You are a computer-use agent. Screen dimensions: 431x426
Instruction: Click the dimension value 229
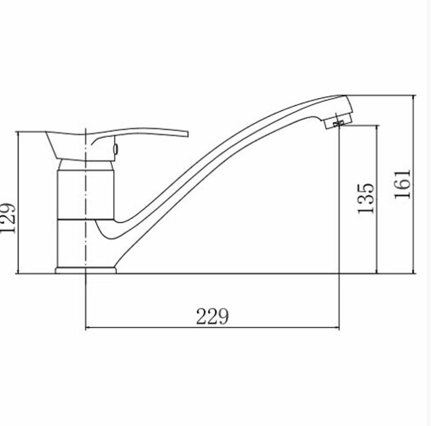click(x=212, y=317)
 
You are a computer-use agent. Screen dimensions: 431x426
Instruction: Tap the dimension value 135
click(x=366, y=198)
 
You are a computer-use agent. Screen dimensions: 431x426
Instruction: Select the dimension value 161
click(x=403, y=184)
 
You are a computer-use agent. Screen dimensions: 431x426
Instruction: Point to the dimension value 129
click(x=8, y=219)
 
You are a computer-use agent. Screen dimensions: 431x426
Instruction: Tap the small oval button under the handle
click(x=116, y=149)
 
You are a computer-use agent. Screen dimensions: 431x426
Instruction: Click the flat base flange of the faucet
click(x=86, y=271)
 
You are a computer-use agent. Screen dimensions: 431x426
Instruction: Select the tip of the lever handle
click(x=188, y=134)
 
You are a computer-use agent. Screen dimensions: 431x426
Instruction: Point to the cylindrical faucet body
click(x=86, y=195)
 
